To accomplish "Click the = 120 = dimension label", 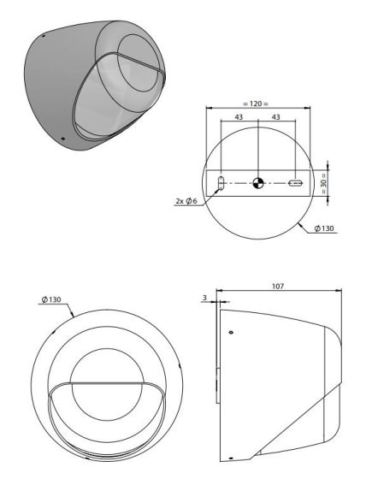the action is coord(256,103).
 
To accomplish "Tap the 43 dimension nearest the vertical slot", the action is coord(239,117).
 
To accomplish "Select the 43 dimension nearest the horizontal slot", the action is coord(276,117).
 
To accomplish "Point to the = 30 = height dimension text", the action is coord(323,183).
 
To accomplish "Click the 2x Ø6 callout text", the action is coord(186,201).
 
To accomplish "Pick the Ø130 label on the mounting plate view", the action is coord(324,228).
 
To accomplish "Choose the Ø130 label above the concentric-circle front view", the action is coord(51,299).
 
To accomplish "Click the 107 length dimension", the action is coord(278,287).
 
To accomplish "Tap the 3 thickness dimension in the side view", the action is coord(204,298).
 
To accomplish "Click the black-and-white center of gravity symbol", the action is coord(258,183).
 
